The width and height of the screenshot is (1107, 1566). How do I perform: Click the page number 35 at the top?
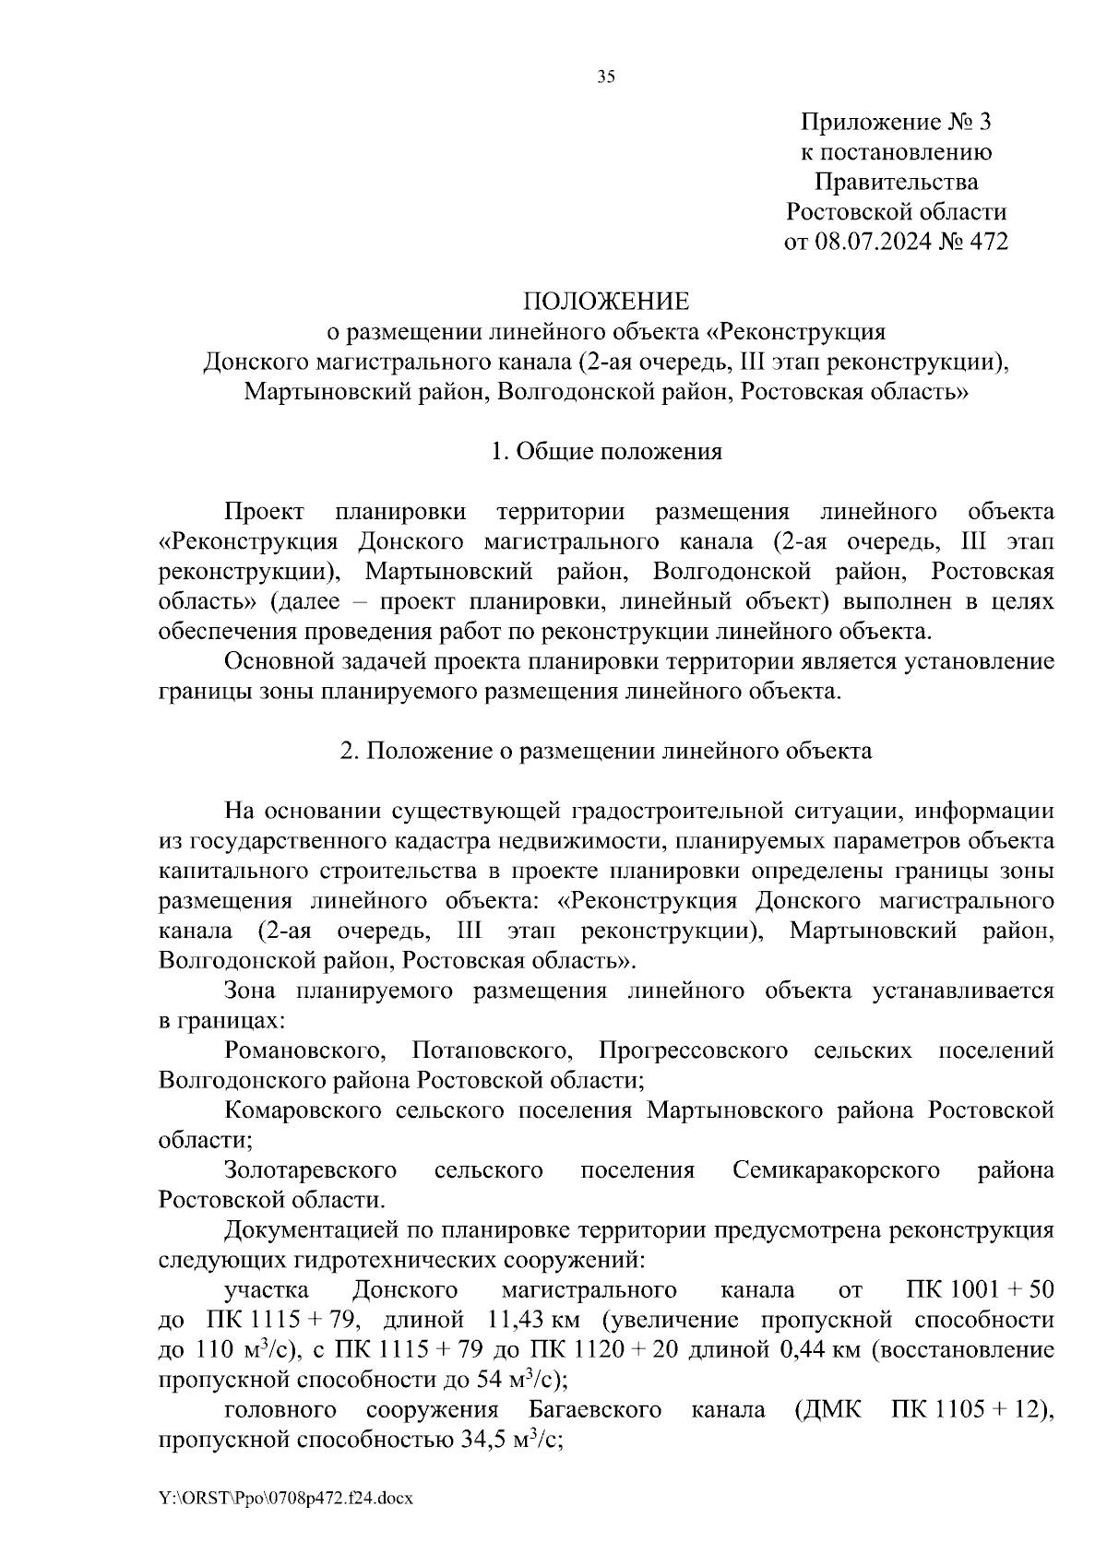click(605, 77)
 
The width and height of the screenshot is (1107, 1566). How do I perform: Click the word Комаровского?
click(303, 1110)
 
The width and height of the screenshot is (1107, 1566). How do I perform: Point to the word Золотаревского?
click(310, 1170)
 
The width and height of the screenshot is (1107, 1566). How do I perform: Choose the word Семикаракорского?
click(836, 1170)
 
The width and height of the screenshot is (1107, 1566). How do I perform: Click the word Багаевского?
click(596, 1410)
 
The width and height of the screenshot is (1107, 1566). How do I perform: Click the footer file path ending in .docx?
click(286, 1499)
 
